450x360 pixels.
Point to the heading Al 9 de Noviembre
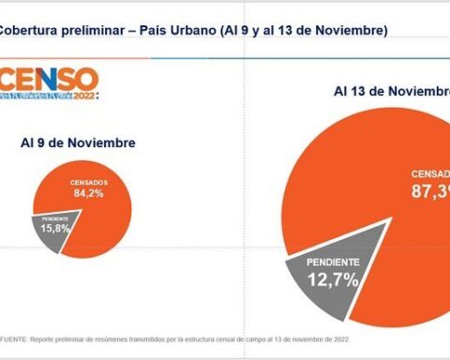click(x=78, y=142)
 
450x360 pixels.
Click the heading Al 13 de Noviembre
click(x=389, y=91)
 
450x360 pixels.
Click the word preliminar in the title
click(x=94, y=30)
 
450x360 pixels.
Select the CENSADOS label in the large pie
click(x=429, y=173)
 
